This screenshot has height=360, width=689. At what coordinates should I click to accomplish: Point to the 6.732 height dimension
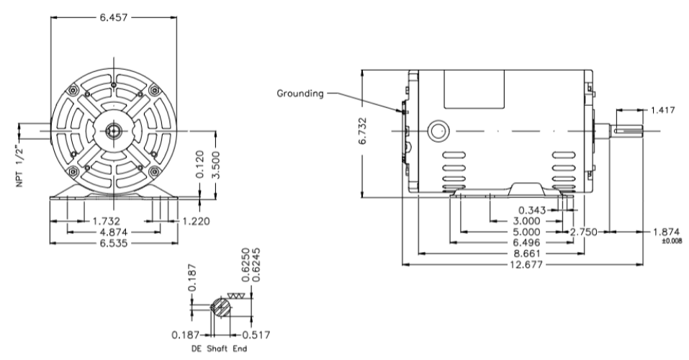click(x=367, y=132)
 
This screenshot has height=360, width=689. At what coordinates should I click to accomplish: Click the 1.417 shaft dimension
click(x=663, y=110)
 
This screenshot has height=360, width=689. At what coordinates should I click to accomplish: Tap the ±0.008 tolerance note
click(x=670, y=241)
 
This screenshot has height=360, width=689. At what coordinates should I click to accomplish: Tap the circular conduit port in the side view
click(x=438, y=131)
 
